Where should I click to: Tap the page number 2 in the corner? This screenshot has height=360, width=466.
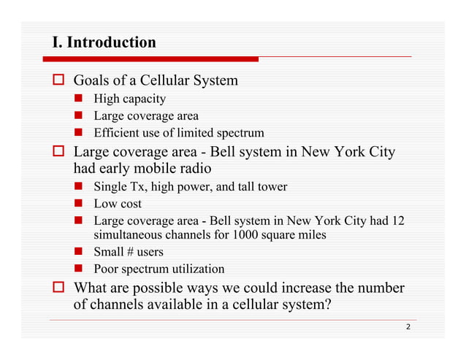(408, 329)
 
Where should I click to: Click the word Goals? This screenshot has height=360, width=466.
(92, 80)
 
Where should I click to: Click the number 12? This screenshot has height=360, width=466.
(397, 221)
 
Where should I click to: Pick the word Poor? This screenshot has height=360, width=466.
(107, 269)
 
